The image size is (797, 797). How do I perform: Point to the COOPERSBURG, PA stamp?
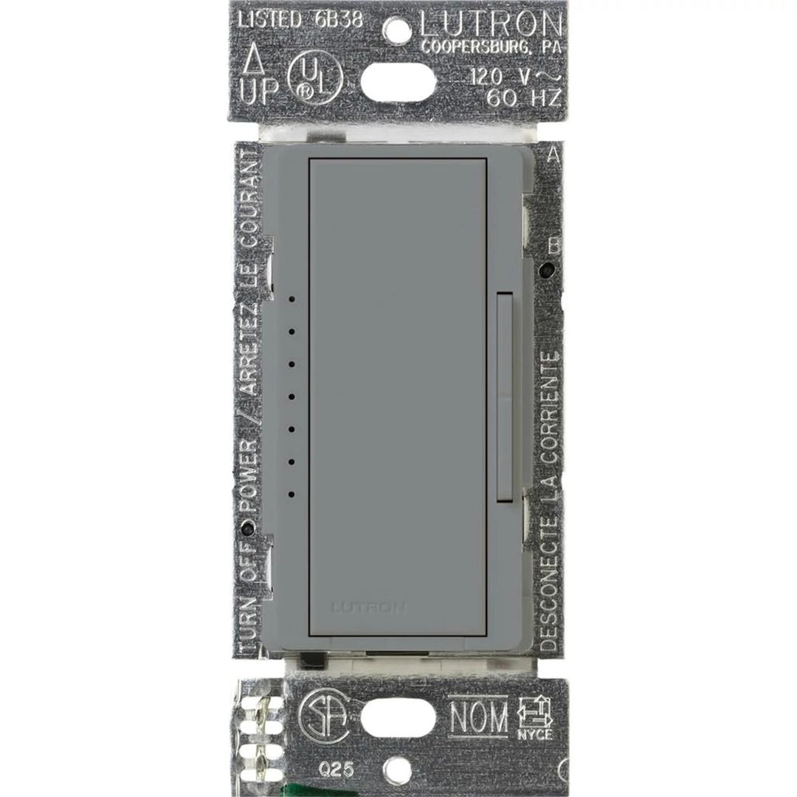(x=490, y=46)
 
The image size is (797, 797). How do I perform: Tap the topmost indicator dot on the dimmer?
(x=292, y=300)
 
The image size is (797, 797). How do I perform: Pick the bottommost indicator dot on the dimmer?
(x=292, y=494)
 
